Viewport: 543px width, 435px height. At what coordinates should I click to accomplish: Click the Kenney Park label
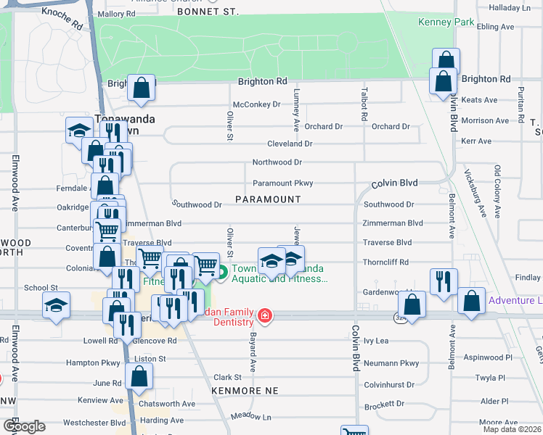[x=446, y=22]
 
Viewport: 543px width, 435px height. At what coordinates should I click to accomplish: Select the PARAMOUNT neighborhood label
[x=268, y=199]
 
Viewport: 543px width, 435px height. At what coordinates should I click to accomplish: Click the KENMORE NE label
[x=245, y=390]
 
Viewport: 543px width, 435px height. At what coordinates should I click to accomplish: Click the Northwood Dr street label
[x=277, y=162]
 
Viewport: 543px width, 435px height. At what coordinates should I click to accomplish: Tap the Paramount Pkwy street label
[x=282, y=183]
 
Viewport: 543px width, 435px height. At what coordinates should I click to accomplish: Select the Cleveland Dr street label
[x=289, y=144]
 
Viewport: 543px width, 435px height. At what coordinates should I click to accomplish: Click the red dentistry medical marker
[x=265, y=315]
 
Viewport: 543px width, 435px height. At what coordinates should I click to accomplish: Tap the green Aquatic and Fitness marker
[x=222, y=273]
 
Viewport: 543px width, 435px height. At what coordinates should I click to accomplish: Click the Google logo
[x=23, y=426]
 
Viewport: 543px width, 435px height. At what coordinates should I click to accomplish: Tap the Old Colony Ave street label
[x=498, y=191]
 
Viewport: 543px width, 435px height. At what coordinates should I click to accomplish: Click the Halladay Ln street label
[x=510, y=7]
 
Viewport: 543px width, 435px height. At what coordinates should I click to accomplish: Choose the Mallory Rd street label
[x=116, y=14]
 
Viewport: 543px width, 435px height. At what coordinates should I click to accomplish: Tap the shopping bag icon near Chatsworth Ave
[x=139, y=377]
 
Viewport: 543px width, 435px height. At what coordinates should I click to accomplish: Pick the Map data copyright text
[x=513, y=429]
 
